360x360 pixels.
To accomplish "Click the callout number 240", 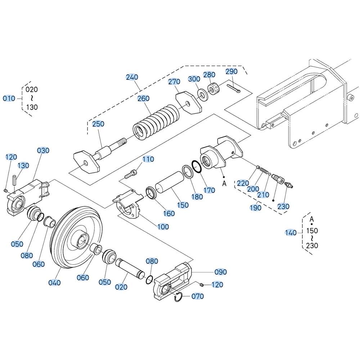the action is (x=132, y=77).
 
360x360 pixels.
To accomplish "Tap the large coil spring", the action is (x=156, y=122).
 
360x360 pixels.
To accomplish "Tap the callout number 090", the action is (x=221, y=272).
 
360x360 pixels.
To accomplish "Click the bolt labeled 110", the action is (x=131, y=174).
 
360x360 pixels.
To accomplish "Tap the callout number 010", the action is (x=9, y=99).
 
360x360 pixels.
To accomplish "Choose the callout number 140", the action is (x=291, y=233).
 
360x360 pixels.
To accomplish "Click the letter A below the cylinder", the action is (x=224, y=184).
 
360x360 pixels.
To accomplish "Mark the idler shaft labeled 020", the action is (x=130, y=266).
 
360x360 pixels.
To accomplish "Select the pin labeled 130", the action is (x=14, y=180).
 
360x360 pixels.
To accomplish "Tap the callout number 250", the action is (x=98, y=124).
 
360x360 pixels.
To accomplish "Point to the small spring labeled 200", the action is (x=264, y=171).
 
